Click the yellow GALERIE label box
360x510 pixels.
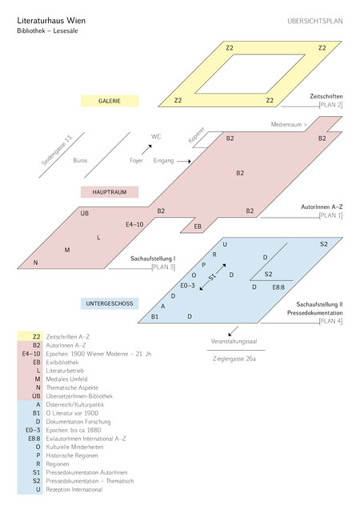tap(110, 101)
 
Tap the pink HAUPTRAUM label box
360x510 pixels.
tap(110, 192)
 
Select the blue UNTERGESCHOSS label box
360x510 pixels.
tap(110, 303)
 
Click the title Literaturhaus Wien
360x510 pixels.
tap(51, 21)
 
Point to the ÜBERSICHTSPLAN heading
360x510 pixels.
tap(315, 21)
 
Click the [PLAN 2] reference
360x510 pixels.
tap(330, 105)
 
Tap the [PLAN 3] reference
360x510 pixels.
tap(163, 267)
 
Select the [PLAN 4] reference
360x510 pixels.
tap(330, 321)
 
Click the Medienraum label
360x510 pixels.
tap(289, 124)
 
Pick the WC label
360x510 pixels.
tap(156, 137)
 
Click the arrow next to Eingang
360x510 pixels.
tap(184, 161)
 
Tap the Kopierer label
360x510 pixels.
tap(196, 135)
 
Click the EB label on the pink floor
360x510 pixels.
tap(198, 227)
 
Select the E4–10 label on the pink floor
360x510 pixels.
tap(134, 224)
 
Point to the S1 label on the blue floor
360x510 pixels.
tap(212, 277)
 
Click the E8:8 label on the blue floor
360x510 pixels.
tap(278, 287)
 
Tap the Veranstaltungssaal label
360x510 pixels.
tap(234, 342)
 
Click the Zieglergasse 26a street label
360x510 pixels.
tap(234, 359)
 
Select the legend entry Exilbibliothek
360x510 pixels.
tap(62, 363)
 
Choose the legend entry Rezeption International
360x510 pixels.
tap(74, 489)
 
